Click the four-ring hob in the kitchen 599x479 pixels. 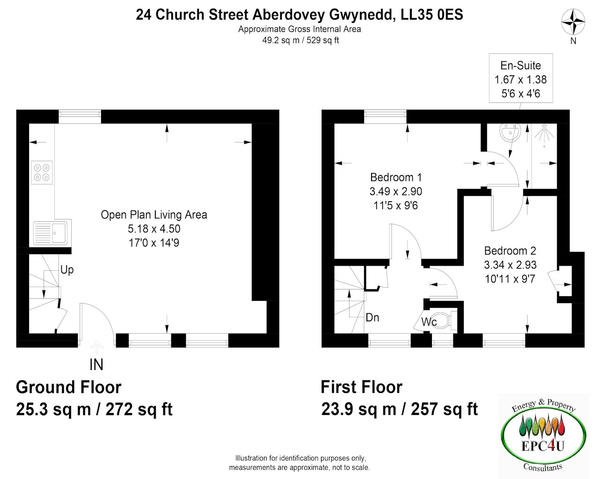(x=42, y=172)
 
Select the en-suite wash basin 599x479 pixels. (x=510, y=132)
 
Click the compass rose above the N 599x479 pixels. (x=573, y=22)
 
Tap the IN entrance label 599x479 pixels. (x=96, y=364)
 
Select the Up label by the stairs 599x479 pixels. (x=67, y=270)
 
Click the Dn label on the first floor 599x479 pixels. (x=372, y=317)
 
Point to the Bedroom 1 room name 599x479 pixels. (x=396, y=177)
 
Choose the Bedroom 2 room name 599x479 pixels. (x=510, y=251)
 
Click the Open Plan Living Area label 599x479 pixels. (x=154, y=215)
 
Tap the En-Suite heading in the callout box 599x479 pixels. (x=520, y=65)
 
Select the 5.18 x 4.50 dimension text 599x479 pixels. (x=154, y=229)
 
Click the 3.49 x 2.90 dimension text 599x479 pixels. (x=395, y=191)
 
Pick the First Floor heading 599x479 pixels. (x=362, y=387)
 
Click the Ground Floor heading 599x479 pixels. (x=68, y=387)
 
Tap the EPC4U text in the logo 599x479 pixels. (x=542, y=446)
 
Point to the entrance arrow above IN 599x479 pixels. (x=96, y=347)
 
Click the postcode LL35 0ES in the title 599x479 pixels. (x=431, y=15)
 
